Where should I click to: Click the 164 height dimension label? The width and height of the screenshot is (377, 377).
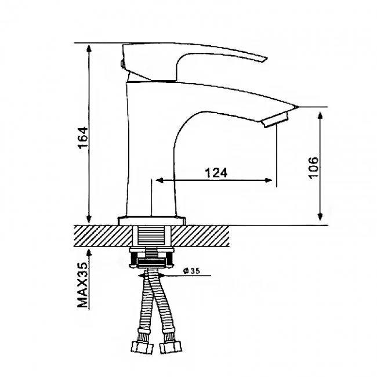[x=83, y=138]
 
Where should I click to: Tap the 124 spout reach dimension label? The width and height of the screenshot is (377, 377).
[x=216, y=173]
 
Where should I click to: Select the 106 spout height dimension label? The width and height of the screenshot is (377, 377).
[x=313, y=168]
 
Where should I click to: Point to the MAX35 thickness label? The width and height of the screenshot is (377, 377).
[x=83, y=285]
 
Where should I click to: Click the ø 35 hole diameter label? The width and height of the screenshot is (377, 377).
[x=191, y=271]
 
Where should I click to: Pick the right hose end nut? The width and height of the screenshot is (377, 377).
[x=171, y=347]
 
